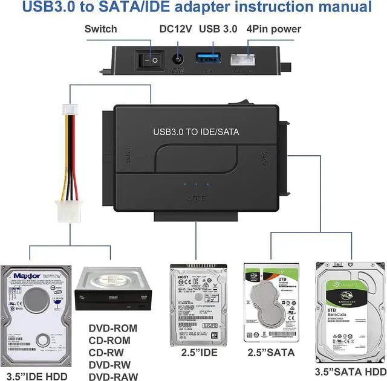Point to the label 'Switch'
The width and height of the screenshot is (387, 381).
(101, 28)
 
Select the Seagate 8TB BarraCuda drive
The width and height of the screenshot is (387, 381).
(350, 311)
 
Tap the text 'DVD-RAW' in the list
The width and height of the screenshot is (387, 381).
(113, 376)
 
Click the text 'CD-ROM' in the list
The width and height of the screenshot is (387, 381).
(112, 340)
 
